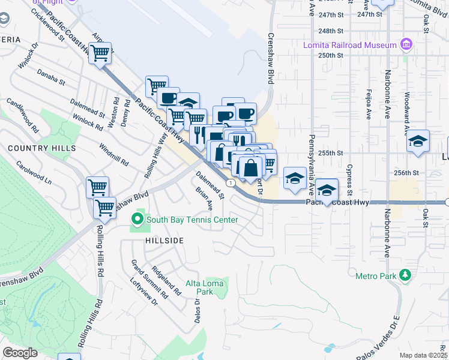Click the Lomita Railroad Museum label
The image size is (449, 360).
coord(358,45)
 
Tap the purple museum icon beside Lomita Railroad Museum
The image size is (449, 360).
coord(406,45)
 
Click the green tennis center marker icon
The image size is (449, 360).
coord(137,220)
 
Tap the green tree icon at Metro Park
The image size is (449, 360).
coord(405,275)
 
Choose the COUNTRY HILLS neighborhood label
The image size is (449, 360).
coord(41,148)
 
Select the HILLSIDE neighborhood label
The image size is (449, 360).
coord(164,239)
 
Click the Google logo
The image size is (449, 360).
coord(20,353)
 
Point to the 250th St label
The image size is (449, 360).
coord(331,55)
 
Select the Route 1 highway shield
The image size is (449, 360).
coord(230,182)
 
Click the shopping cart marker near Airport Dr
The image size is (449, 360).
coord(100,53)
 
